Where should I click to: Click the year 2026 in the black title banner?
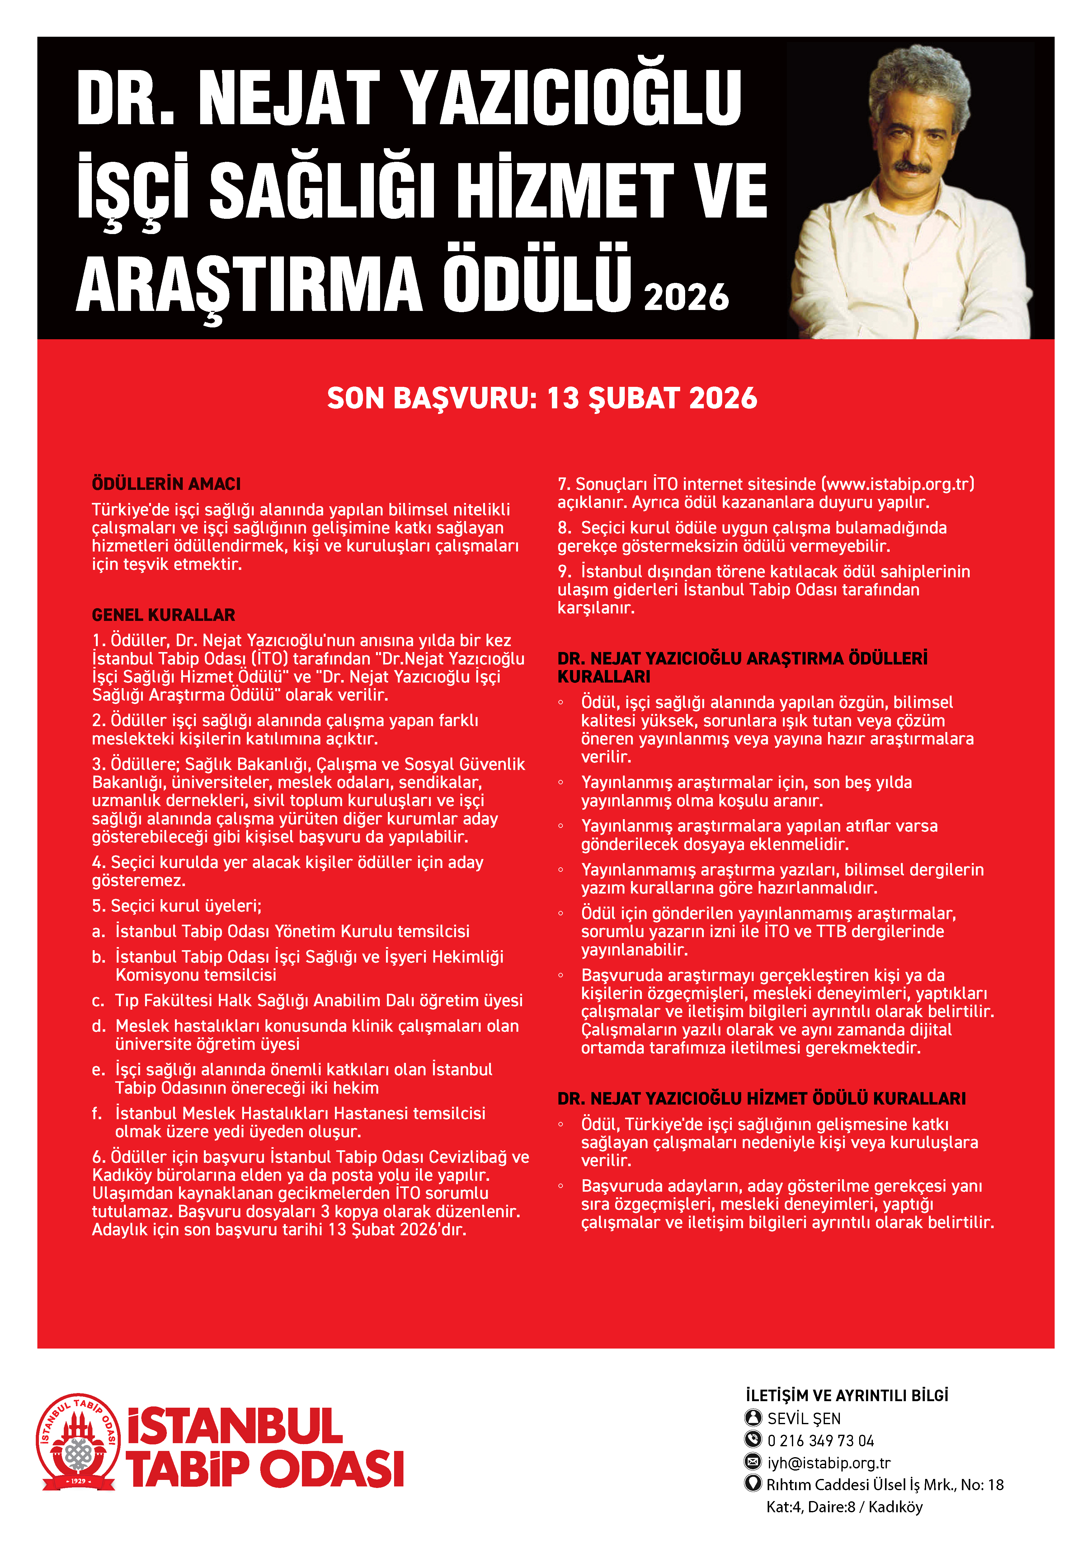[686, 297]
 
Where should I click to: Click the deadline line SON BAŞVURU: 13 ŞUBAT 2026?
[542, 398]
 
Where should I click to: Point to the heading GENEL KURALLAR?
[163, 615]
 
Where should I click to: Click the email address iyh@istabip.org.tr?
[828, 1463]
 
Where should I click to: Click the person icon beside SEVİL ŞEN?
[753, 1418]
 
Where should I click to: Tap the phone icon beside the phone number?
[753, 1440]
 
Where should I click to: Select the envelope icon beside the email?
[753, 1462]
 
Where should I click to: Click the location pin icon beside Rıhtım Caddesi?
[753, 1484]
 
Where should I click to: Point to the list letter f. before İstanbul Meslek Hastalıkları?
[97, 1113]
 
